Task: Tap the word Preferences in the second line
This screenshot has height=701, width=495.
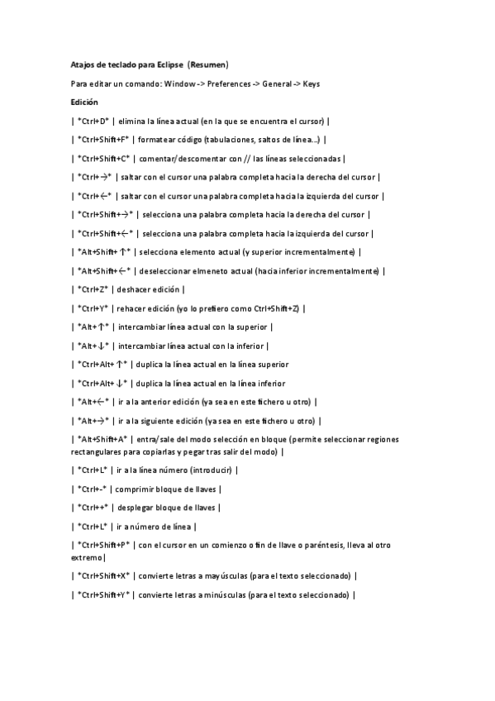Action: (231, 83)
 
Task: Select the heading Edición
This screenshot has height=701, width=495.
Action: (84, 102)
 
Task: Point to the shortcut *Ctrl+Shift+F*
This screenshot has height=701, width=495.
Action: (102, 140)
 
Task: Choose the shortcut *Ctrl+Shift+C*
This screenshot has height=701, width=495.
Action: (103, 159)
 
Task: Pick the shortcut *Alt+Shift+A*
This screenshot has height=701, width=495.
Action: (102, 440)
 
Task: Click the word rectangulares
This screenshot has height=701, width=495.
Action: (98, 451)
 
